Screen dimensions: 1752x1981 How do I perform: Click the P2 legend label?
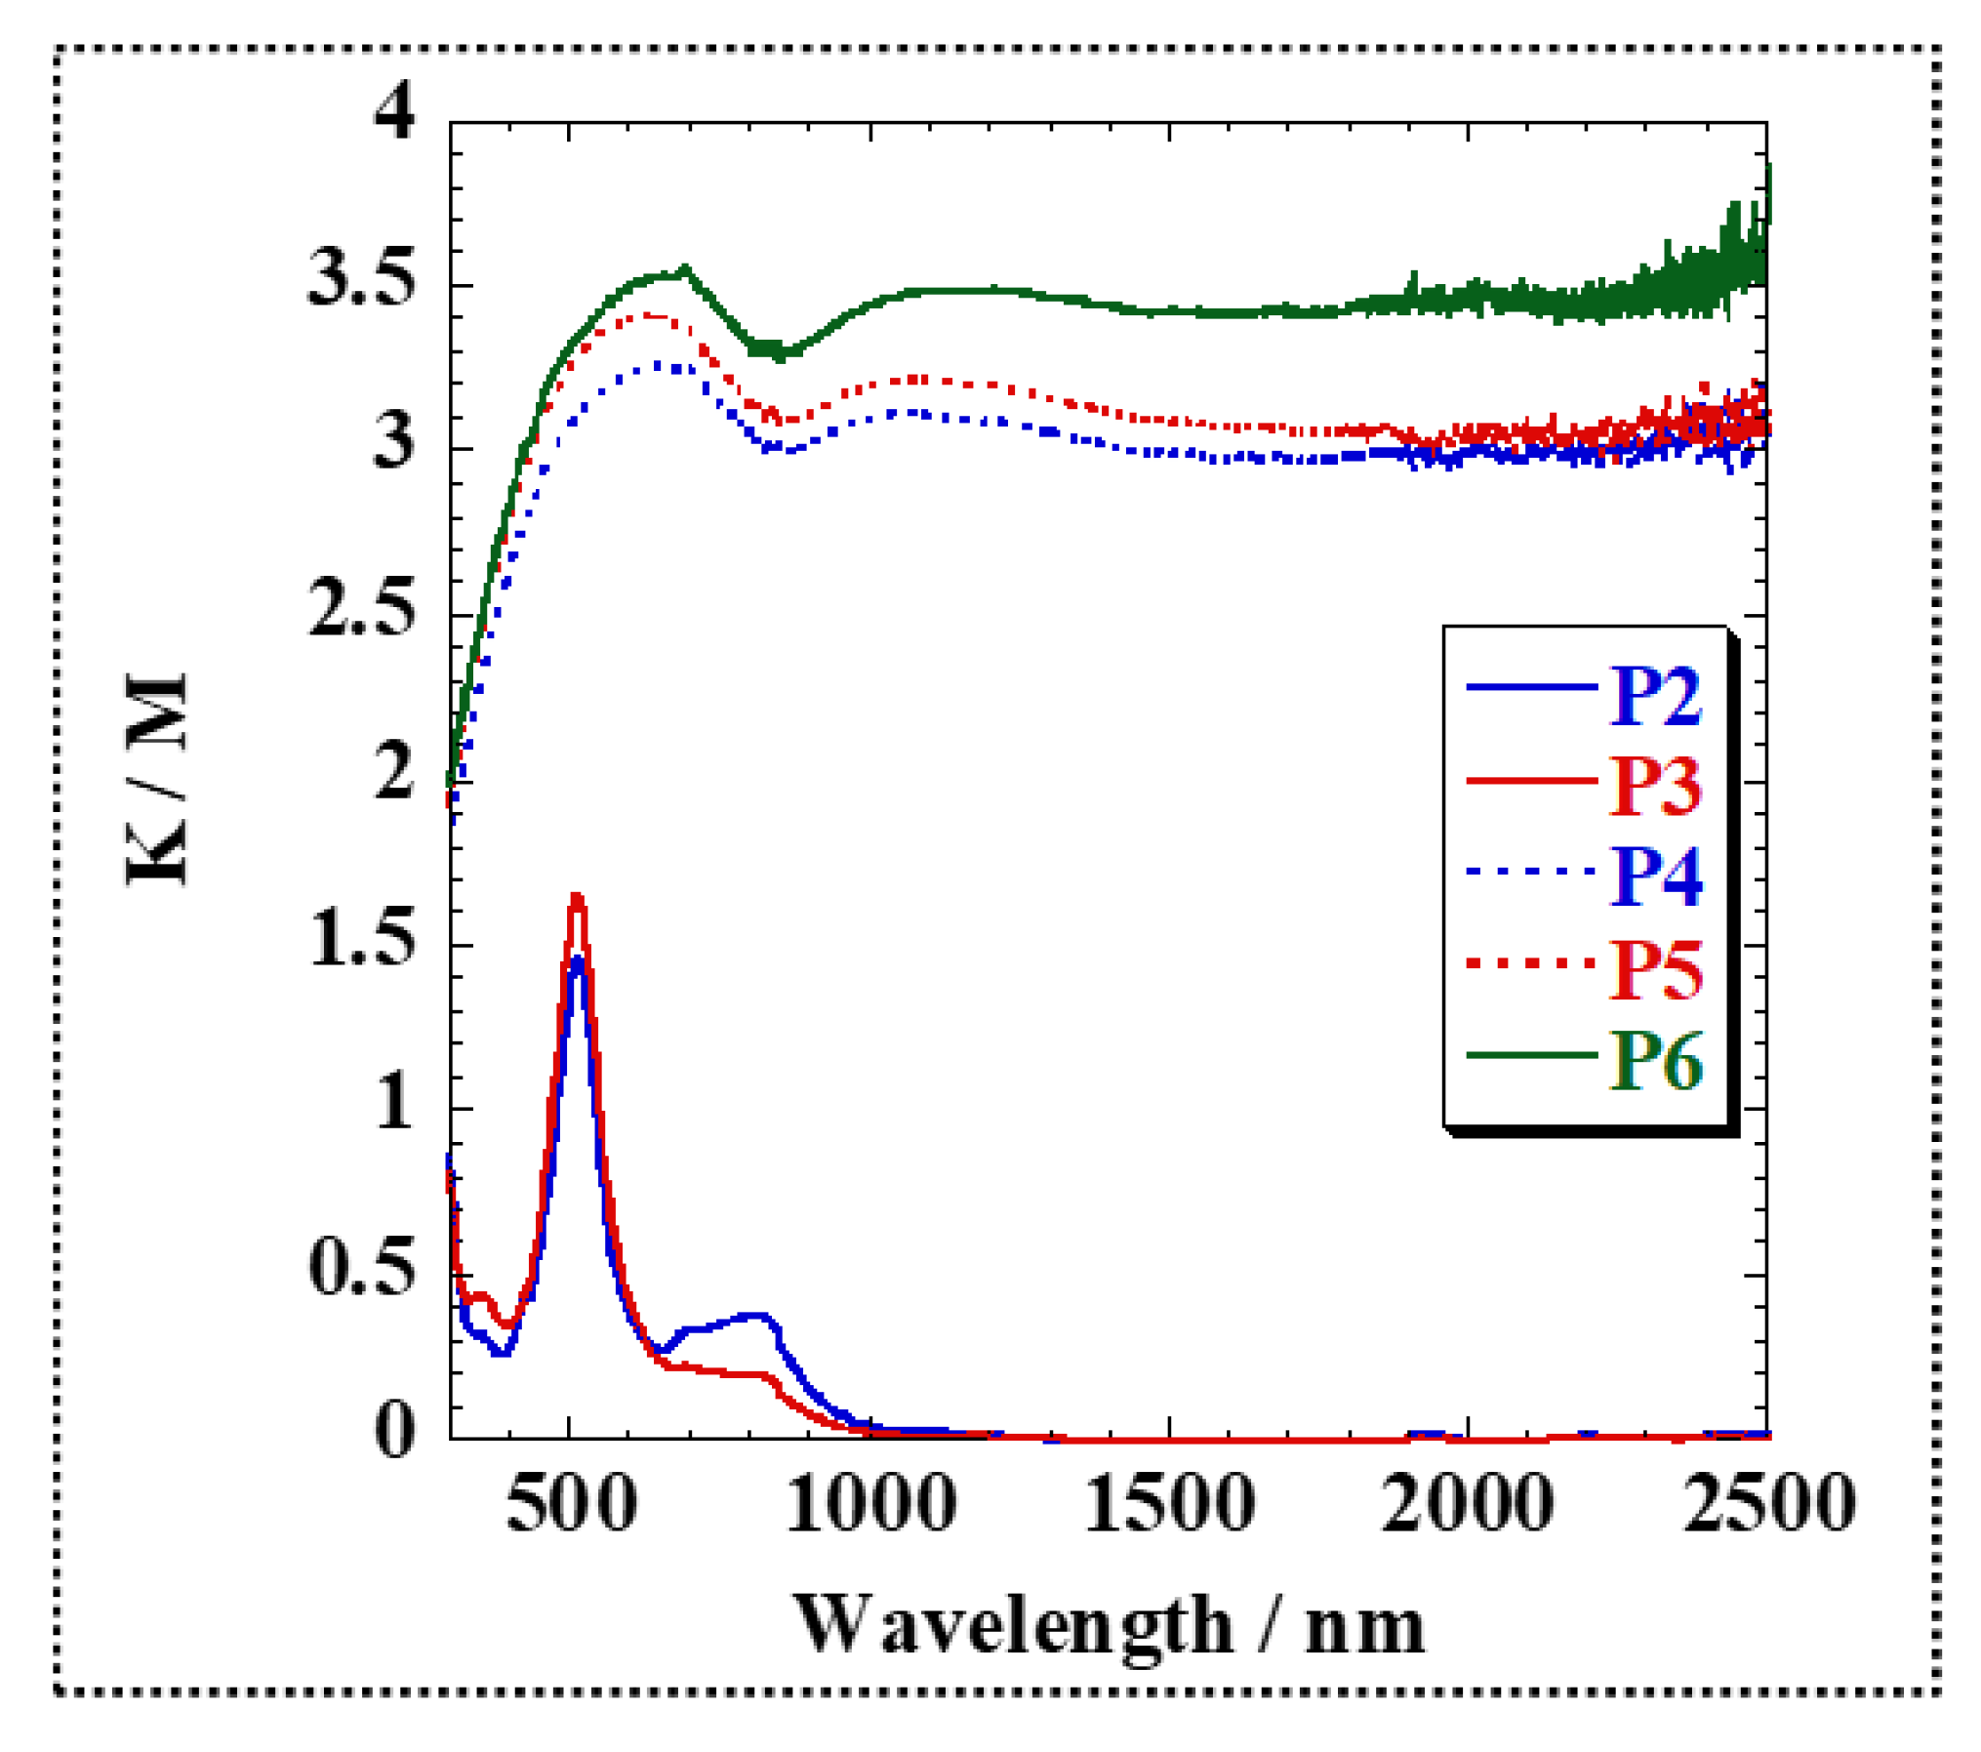(x=1654, y=696)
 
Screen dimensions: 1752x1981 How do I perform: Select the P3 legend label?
(x=1654, y=786)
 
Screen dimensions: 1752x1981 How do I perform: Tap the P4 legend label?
(x=1654, y=876)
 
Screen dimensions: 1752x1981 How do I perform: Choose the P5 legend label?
(x=1654, y=968)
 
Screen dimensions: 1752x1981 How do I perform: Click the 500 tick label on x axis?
(x=571, y=1503)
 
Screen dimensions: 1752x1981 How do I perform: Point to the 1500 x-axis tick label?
(x=1169, y=1503)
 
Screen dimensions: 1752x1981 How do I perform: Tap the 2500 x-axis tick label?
(x=1768, y=1503)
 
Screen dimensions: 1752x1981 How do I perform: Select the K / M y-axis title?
(x=156, y=779)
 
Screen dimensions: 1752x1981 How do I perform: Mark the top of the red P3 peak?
(x=577, y=897)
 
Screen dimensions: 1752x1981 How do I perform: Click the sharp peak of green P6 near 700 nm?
(x=685, y=267)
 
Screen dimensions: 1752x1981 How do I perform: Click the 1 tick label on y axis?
(x=394, y=1103)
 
